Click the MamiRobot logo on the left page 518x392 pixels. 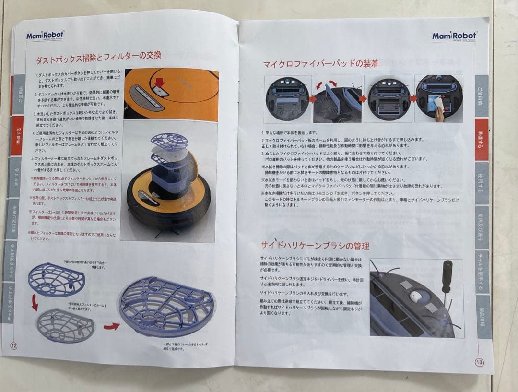(45, 35)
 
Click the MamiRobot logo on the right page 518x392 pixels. (454, 36)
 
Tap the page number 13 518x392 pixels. (479, 362)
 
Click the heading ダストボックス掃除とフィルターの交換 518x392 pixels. (98, 57)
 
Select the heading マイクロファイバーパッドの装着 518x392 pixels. (320, 64)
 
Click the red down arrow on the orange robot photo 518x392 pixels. (160, 83)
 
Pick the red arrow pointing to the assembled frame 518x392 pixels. (111, 327)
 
